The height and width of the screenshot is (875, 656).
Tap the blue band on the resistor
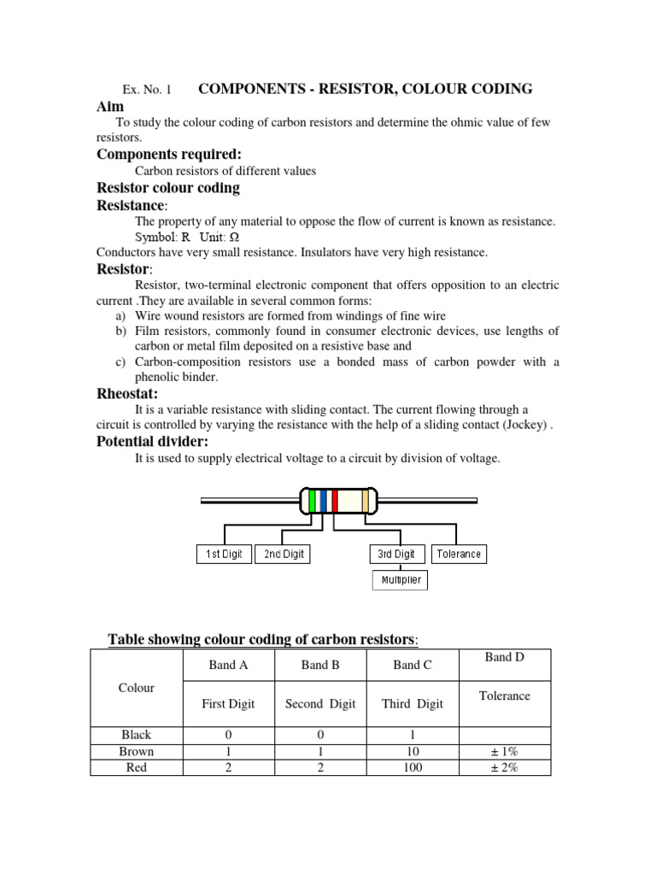coord(323,500)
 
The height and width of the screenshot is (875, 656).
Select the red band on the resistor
coord(334,500)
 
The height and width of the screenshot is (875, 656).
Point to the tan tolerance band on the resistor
coord(366,500)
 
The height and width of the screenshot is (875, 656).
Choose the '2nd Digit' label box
coord(284,554)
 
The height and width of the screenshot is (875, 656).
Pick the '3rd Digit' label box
coord(397,554)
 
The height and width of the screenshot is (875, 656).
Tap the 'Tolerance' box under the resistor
coord(459,554)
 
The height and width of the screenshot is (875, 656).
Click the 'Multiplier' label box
coord(401,580)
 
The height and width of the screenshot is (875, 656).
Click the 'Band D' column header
coord(504,657)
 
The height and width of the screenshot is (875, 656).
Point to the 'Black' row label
coord(137,734)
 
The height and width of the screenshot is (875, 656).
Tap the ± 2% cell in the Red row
coord(504,767)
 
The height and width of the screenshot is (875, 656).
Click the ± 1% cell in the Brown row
coord(504,751)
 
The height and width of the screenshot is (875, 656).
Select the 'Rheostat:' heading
coord(127,393)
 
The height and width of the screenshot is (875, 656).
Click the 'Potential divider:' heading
coord(153,441)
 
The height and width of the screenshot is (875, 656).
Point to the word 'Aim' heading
coord(110,106)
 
